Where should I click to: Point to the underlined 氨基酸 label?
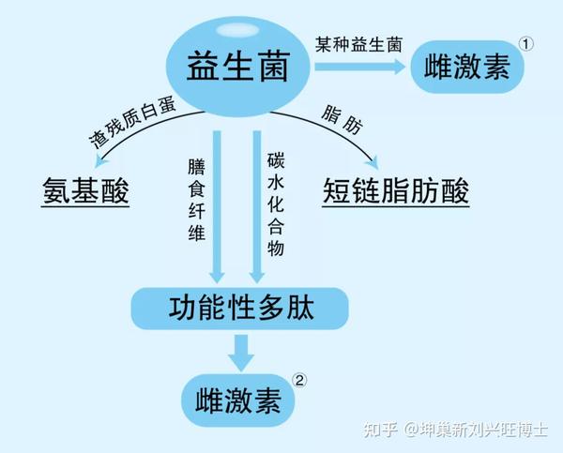pyautogui.click(x=84, y=191)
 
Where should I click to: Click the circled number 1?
pyautogui.click(x=527, y=43)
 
